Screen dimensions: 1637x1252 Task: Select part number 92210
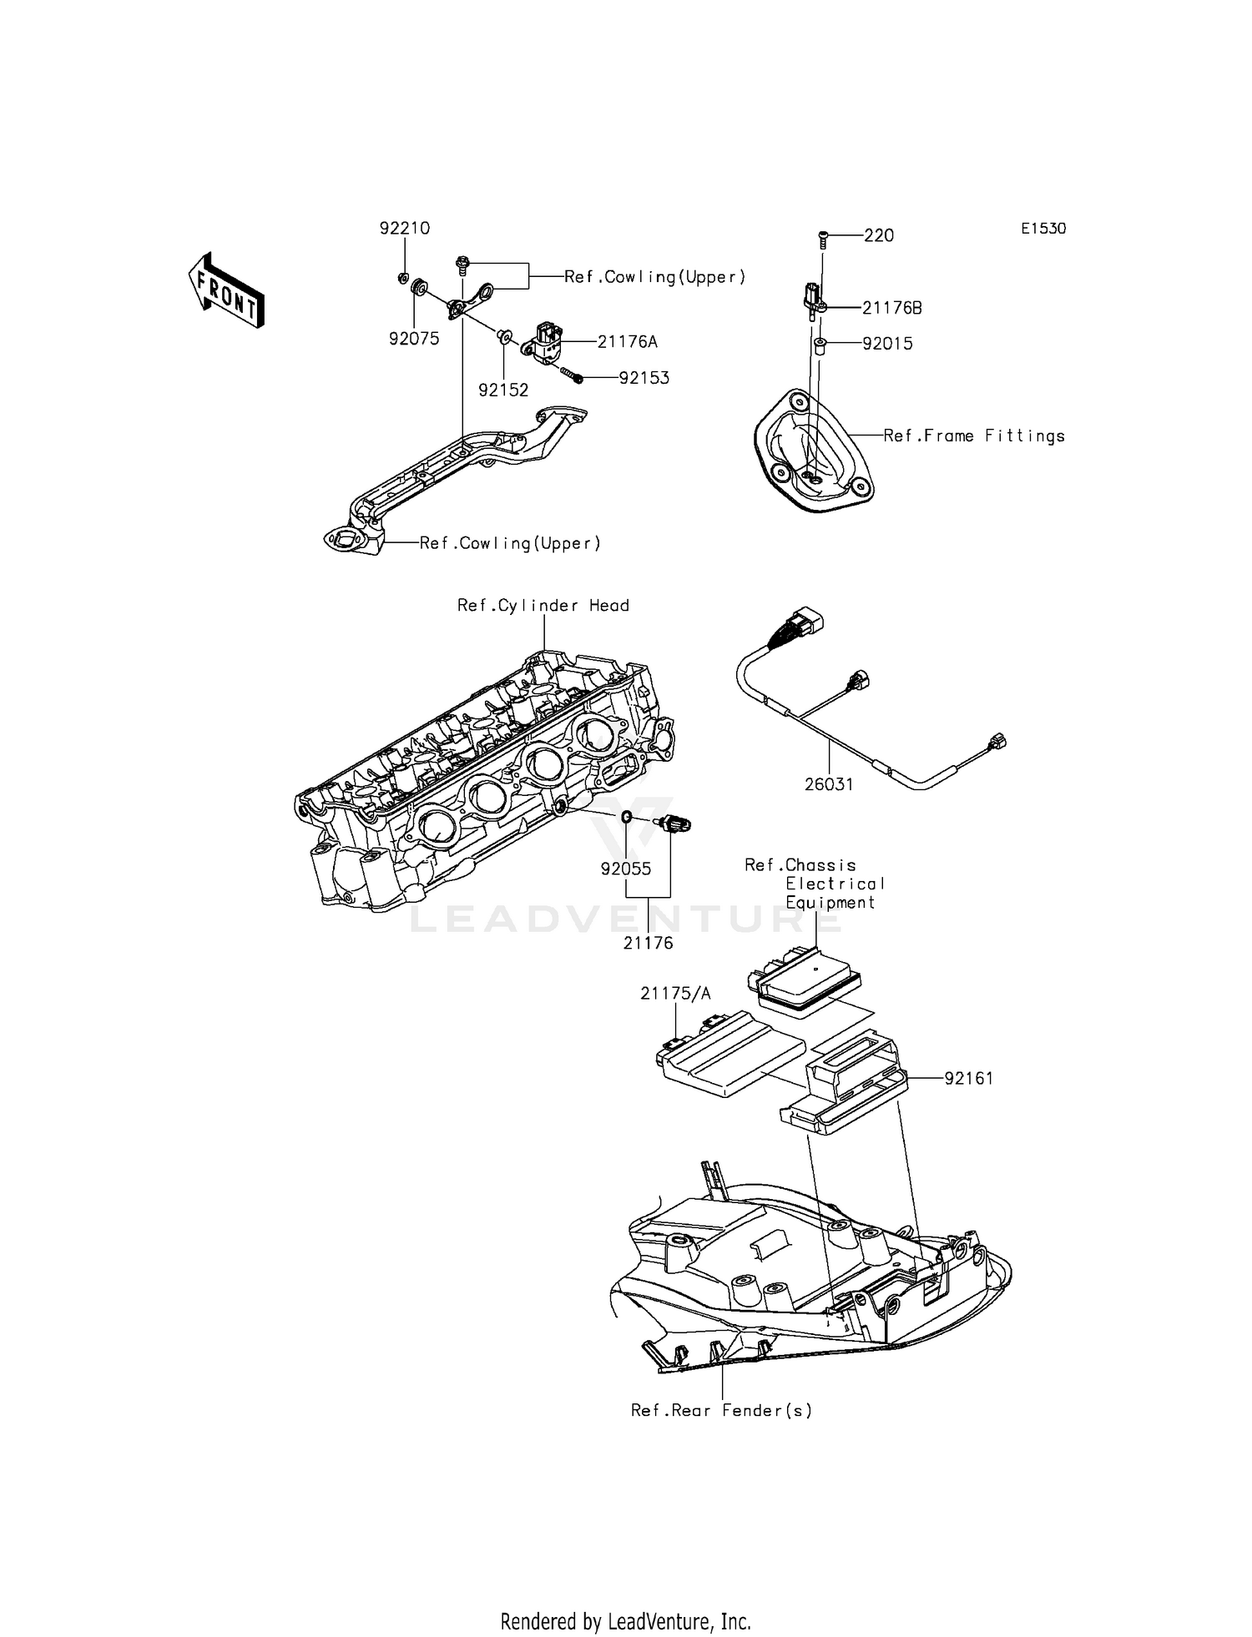click(405, 228)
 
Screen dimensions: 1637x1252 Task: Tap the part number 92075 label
click(414, 339)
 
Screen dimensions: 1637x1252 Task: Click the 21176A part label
click(628, 341)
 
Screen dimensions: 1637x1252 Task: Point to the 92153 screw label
click(644, 378)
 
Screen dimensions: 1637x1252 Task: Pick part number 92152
click(503, 390)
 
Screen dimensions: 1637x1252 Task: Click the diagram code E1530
click(1043, 229)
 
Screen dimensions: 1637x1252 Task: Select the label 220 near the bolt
click(879, 236)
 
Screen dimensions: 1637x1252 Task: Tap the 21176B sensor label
click(892, 308)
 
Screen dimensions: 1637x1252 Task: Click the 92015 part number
click(887, 344)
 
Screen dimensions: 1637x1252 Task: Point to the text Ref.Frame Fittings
click(974, 436)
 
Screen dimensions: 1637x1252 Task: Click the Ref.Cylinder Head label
click(543, 606)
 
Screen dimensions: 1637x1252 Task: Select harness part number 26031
click(829, 784)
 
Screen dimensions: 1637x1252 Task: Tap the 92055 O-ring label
click(626, 869)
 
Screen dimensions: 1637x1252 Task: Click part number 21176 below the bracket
click(648, 944)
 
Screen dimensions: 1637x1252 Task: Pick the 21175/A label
click(676, 993)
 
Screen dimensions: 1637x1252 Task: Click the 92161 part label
click(969, 1078)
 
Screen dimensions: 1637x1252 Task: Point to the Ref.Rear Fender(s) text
click(721, 1410)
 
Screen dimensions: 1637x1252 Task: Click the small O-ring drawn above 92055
click(625, 816)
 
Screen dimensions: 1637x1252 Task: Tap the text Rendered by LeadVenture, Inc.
click(626, 1621)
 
